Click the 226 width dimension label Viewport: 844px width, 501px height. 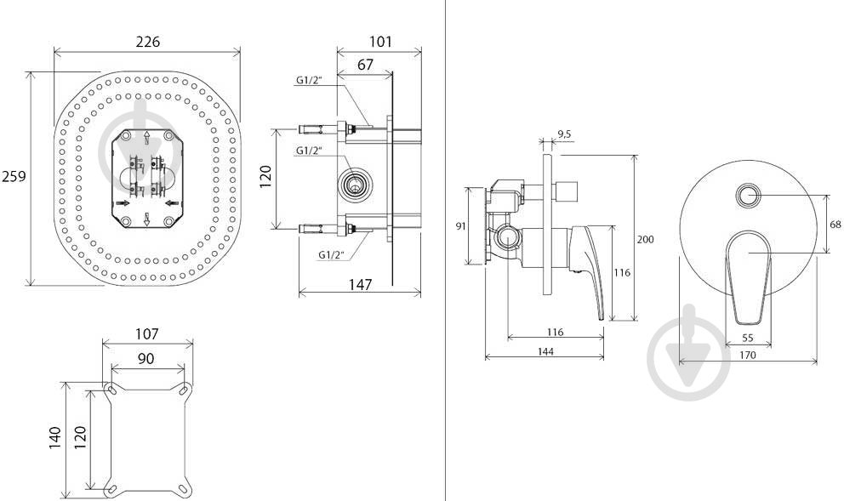point(147,42)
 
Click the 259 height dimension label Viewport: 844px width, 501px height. point(14,176)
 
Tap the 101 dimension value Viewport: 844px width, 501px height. point(380,42)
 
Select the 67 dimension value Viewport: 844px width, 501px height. point(365,65)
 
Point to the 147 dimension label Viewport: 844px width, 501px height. point(360,285)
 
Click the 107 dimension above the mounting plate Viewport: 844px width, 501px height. point(147,334)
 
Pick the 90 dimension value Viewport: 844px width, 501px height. point(145,358)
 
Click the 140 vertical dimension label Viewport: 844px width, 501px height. point(55,438)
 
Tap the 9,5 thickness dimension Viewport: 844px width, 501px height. point(565,134)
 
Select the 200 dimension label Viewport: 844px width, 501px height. point(646,239)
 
